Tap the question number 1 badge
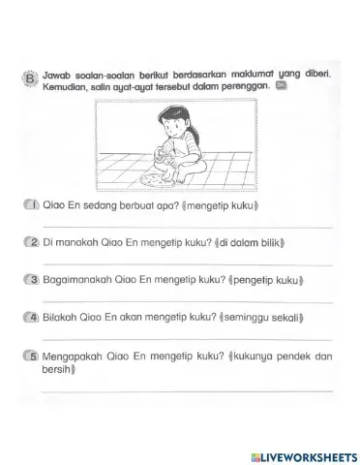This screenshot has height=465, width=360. pos(33,205)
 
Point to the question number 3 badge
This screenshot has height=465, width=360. pos(33,280)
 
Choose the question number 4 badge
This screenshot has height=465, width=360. pos(33,317)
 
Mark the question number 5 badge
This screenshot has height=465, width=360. pos(33,355)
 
